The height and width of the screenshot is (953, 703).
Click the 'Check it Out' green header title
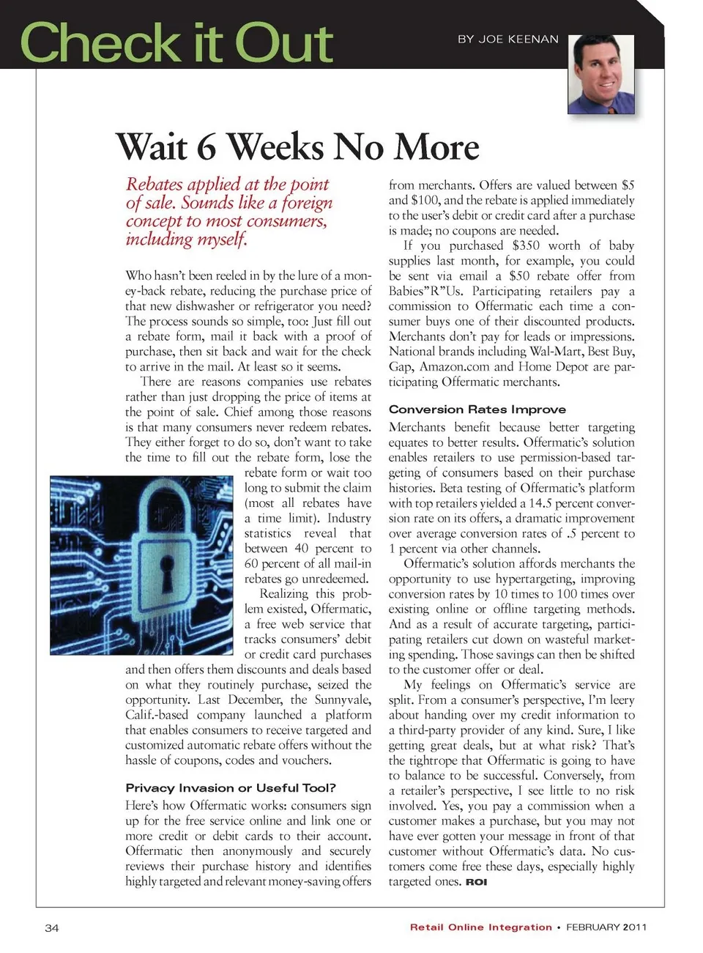click(x=176, y=42)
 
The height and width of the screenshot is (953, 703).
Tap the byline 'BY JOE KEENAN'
click(x=507, y=39)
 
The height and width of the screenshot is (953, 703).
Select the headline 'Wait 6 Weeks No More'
click(x=297, y=146)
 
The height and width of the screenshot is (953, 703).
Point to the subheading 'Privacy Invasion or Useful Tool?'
click(x=231, y=787)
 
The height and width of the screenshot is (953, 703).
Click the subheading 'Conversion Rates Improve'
click(x=477, y=409)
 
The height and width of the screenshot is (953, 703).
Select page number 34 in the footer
click(x=51, y=928)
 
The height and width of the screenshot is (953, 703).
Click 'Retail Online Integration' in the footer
click(x=480, y=927)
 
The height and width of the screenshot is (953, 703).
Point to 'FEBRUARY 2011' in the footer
click(x=606, y=927)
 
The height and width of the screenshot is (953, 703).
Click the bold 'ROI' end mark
click(x=476, y=882)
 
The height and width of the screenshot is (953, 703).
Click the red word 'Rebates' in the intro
click(x=153, y=184)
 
